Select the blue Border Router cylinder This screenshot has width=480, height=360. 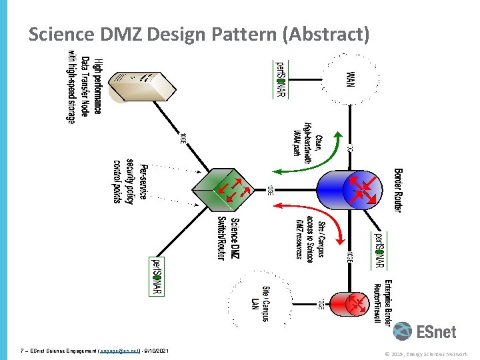coord(357,189)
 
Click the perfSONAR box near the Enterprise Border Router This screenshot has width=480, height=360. coord(378,250)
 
